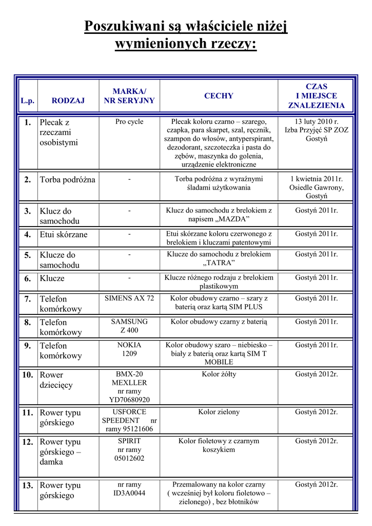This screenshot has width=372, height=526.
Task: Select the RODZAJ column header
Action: point(68,101)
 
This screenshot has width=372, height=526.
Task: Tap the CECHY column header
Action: point(219,96)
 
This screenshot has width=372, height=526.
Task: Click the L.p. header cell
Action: point(28,101)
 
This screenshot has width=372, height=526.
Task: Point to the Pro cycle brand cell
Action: point(129,122)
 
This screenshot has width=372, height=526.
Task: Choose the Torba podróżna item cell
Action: point(67,179)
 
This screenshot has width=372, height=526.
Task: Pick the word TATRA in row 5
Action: point(219,263)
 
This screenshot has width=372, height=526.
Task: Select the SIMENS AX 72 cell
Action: point(129,298)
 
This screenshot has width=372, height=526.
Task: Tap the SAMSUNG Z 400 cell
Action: point(129,326)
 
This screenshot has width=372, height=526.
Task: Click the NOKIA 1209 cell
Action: point(129,349)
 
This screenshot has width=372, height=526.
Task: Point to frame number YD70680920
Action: point(129,399)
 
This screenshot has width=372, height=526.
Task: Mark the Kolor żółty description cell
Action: point(219,374)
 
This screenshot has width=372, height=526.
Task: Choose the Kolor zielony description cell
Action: point(219,412)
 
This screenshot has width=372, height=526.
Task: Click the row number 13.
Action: point(28,485)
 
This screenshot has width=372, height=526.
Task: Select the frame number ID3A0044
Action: point(129,493)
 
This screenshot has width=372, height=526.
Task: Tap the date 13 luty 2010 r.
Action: point(316,122)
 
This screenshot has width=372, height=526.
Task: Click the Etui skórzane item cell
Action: point(64,235)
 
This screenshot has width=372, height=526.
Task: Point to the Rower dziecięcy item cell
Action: point(56,380)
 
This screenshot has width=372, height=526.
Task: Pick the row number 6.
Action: point(28,278)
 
